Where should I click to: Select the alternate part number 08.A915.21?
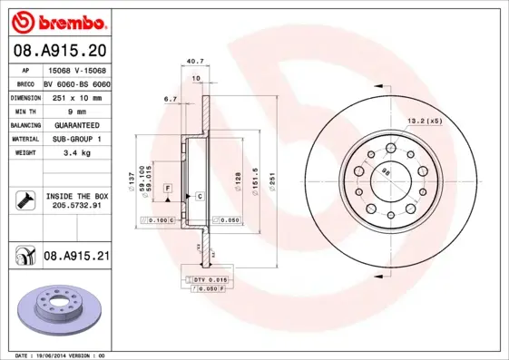[76, 258]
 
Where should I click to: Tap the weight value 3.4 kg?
[75, 153]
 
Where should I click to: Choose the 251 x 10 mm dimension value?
[75, 95]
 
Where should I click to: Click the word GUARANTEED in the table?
[75, 124]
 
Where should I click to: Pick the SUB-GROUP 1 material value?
[75, 139]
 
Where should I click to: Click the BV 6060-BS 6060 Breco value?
[75, 82]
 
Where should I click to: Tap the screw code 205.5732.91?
[76, 206]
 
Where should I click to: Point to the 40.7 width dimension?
[193, 62]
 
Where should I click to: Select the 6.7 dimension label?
[170, 98]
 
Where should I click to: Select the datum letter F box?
[168, 188]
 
